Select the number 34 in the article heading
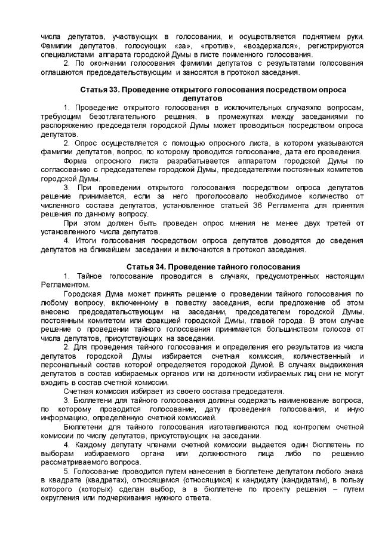[159, 266]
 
